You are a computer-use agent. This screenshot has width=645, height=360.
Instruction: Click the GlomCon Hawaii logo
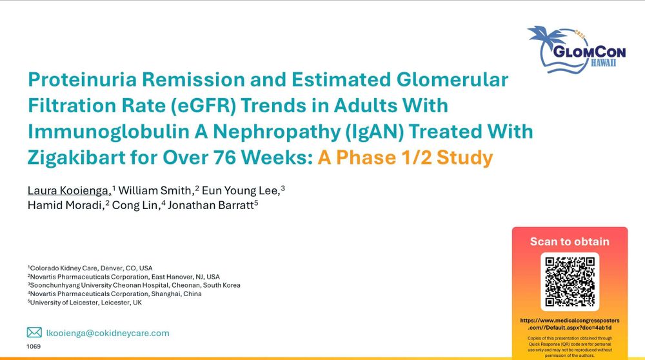[577, 50]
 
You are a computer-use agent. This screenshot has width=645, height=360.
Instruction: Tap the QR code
[570, 282]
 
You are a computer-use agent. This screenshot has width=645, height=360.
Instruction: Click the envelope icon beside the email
[34, 332]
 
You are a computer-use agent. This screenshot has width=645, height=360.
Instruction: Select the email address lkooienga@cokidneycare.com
[108, 333]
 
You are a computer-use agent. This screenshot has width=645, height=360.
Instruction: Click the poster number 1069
[34, 346]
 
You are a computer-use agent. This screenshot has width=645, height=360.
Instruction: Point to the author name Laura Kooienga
[70, 190]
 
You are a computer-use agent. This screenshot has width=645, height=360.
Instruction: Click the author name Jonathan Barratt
[211, 205]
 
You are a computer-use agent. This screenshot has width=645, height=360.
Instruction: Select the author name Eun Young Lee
[241, 190]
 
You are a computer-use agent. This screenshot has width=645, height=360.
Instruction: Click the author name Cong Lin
[135, 205]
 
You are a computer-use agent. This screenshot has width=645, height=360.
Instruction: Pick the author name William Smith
[155, 190]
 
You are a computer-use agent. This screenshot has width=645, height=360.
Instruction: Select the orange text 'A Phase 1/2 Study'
[405, 157]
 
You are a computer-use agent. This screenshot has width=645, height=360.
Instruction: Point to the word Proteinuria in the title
[82, 79]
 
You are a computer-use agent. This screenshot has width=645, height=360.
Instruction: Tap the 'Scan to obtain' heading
[570, 241]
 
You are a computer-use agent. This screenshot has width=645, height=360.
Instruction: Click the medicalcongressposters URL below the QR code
[570, 324]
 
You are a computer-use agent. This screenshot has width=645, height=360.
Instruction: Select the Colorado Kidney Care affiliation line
[90, 268]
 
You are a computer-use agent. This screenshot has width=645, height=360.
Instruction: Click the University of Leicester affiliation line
[84, 303]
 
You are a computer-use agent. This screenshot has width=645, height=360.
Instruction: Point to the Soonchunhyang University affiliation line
[134, 285]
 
